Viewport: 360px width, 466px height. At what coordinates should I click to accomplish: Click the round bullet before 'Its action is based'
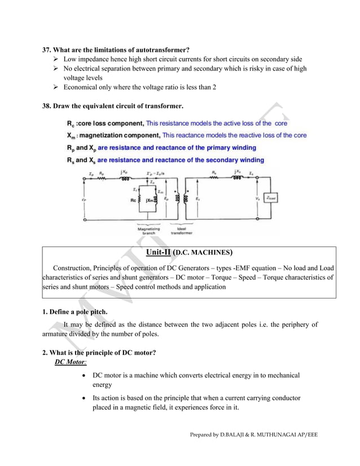click(x=84, y=398)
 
